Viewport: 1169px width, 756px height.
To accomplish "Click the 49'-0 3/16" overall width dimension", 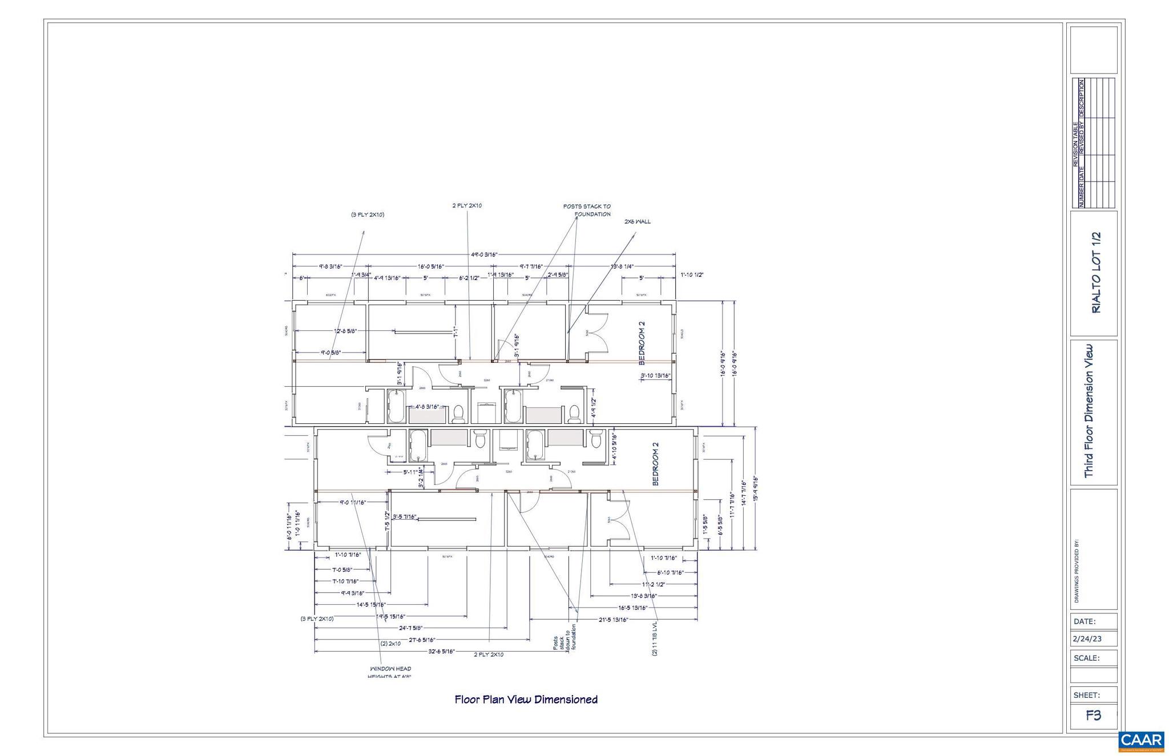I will pyautogui.click(x=485, y=255).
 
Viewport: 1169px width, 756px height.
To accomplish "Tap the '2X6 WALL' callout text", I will pyautogui.click(x=637, y=222).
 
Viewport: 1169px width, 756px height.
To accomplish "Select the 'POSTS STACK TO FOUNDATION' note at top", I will pyautogui.click(x=587, y=211).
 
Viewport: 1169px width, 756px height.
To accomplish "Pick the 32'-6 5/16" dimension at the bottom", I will pyautogui.click(x=441, y=652).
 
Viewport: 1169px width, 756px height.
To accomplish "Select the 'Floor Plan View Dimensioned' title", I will pyautogui.click(x=526, y=700).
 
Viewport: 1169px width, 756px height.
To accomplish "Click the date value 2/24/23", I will pyautogui.click(x=1087, y=639).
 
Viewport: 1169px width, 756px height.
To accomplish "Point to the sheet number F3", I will pyautogui.click(x=1093, y=715).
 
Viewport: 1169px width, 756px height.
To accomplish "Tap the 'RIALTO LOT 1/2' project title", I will pyautogui.click(x=1096, y=272).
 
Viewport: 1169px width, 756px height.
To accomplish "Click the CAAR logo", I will pyautogui.click(x=1141, y=740).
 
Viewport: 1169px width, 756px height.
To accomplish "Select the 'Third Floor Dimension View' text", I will pyautogui.click(x=1089, y=411).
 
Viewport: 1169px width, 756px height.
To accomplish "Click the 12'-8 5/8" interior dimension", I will pyautogui.click(x=345, y=331).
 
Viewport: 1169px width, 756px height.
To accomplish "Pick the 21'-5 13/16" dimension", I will pyautogui.click(x=614, y=620).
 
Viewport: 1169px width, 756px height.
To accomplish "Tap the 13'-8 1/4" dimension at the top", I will pyautogui.click(x=622, y=266).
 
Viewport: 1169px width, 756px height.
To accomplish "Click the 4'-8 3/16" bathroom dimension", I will pyautogui.click(x=426, y=407).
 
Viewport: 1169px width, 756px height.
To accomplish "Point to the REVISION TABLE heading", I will pyautogui.click(x=1075, y=144).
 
